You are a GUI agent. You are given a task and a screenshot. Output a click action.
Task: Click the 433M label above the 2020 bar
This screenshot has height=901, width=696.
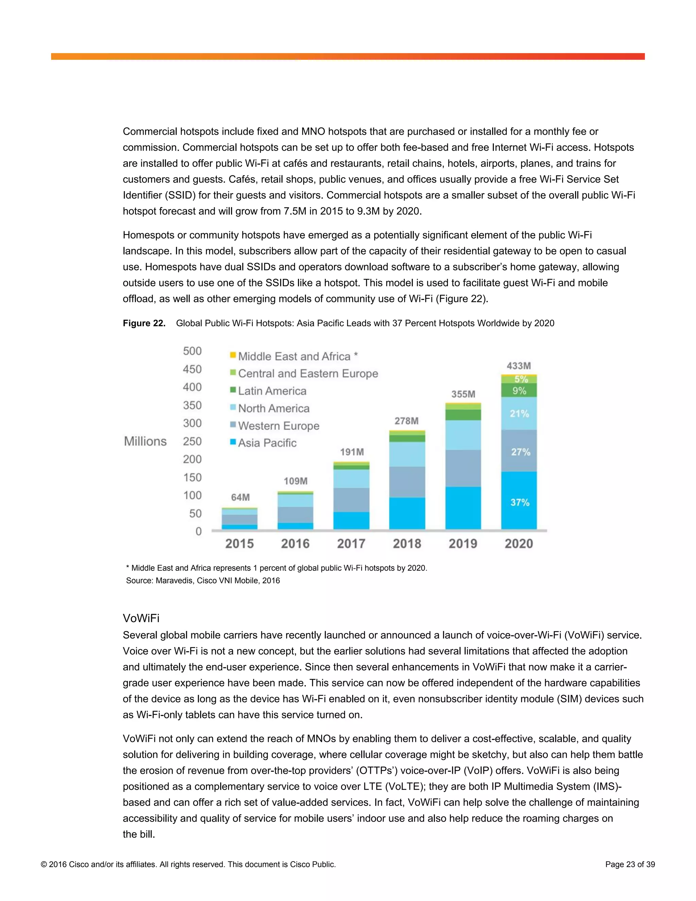click(x=519, y=366)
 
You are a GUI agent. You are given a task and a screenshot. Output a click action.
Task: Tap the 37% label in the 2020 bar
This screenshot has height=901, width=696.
click(x=520, y=503)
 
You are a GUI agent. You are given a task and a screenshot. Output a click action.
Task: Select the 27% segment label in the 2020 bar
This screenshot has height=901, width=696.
click(x=520, y=452)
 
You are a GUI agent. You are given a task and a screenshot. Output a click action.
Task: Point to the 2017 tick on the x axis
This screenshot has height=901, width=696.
click(x=351, y=544)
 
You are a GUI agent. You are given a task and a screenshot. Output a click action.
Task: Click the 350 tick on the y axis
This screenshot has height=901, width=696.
click(x=192, y=405)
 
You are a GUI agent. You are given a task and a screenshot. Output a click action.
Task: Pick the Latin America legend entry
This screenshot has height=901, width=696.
click(x=272, y=391)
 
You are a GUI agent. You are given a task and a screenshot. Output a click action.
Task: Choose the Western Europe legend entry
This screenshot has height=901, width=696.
click(x=278, y=426)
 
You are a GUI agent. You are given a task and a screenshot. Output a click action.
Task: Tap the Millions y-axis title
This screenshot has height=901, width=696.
click(x=145, y=441)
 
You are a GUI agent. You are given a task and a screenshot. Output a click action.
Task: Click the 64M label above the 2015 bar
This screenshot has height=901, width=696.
click(x=240, y=497)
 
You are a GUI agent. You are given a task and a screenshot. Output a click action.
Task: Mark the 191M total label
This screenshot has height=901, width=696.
click(x=352, y=452)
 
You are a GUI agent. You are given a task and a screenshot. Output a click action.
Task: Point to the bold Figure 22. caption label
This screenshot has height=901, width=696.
click(x=144, y=323)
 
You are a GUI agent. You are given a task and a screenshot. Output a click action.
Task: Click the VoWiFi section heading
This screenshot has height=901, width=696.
click(x=141, y=618)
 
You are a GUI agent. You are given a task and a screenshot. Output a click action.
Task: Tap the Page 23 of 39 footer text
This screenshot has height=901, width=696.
click(x=630, y=864)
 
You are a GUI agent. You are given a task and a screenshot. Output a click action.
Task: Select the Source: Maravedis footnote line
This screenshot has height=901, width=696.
click(x=203, y=580)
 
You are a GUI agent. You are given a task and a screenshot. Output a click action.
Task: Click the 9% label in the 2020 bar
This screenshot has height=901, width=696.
click(x=519, y=391)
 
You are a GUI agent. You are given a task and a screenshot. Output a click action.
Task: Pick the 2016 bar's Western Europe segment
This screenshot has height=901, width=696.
click(x=295, y=514)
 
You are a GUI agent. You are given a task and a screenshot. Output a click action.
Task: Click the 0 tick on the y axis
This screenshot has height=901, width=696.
click(x=198, y=531)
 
